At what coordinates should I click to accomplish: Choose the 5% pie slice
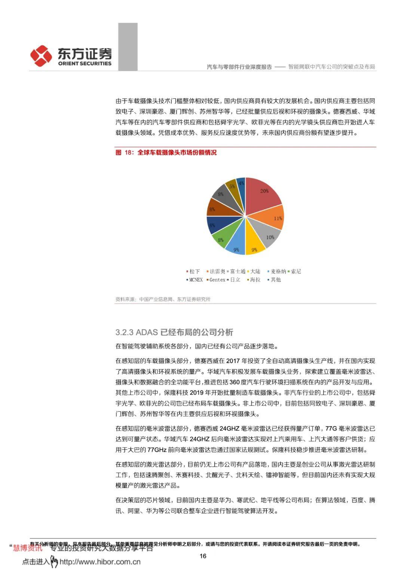232,187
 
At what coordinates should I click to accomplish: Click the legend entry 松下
194,271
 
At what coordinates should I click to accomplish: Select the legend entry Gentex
217,280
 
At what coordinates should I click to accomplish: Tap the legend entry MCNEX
196,280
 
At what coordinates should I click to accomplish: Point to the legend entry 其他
275,280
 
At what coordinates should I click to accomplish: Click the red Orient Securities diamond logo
41,56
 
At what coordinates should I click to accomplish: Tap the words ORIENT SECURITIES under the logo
85,64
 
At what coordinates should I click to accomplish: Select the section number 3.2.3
124,332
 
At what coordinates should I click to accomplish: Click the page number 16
203,556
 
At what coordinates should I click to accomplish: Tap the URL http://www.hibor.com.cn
100,562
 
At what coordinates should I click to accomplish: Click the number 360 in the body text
234,382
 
